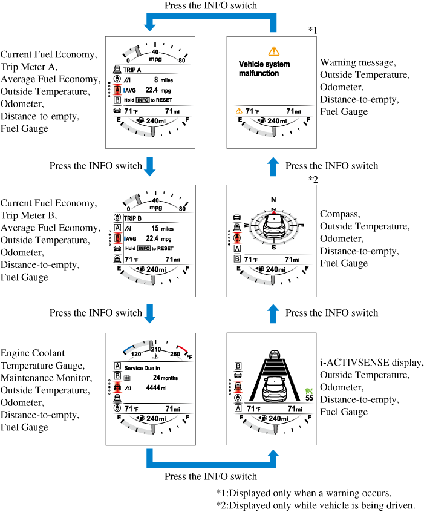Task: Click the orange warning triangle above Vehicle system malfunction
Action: tap(274, 51)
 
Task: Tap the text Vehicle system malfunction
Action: tap(264, 68)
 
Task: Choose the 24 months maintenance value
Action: tap(162, 377)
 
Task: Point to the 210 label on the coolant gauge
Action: tap(155, 349)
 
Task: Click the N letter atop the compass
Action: tap(273, 199)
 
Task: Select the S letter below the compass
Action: tap(273, 247)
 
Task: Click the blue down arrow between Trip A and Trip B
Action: tap(150, 165)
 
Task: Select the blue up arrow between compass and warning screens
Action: tap(274, 165)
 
